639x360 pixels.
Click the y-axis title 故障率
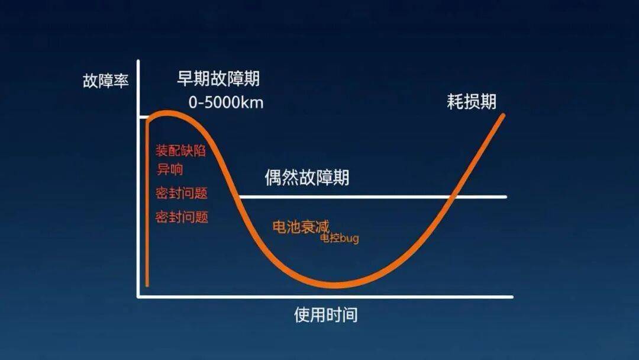click(105, 81)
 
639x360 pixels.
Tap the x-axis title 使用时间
click(325, 315)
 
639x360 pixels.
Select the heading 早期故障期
click(218, 78)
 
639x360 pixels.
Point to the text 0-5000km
click(226, 102)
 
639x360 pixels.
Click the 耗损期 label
click(472, 101)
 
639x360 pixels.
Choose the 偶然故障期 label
click(307, 178)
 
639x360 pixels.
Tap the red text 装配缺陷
click(180, 150)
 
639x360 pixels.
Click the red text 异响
click(170, 169)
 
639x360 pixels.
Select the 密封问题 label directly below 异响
click(182, 193)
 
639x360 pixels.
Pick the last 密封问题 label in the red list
click(182, 217)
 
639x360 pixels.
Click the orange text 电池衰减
click(301, 227)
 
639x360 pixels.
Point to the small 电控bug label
click(340, 237)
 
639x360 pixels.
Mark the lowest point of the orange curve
click(335, 285)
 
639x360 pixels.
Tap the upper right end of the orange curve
click(504, 115)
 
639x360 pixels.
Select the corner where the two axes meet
click(138, 297)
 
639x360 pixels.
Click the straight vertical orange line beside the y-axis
click(147, 202)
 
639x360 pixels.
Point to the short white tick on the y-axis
click(143, 117)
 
